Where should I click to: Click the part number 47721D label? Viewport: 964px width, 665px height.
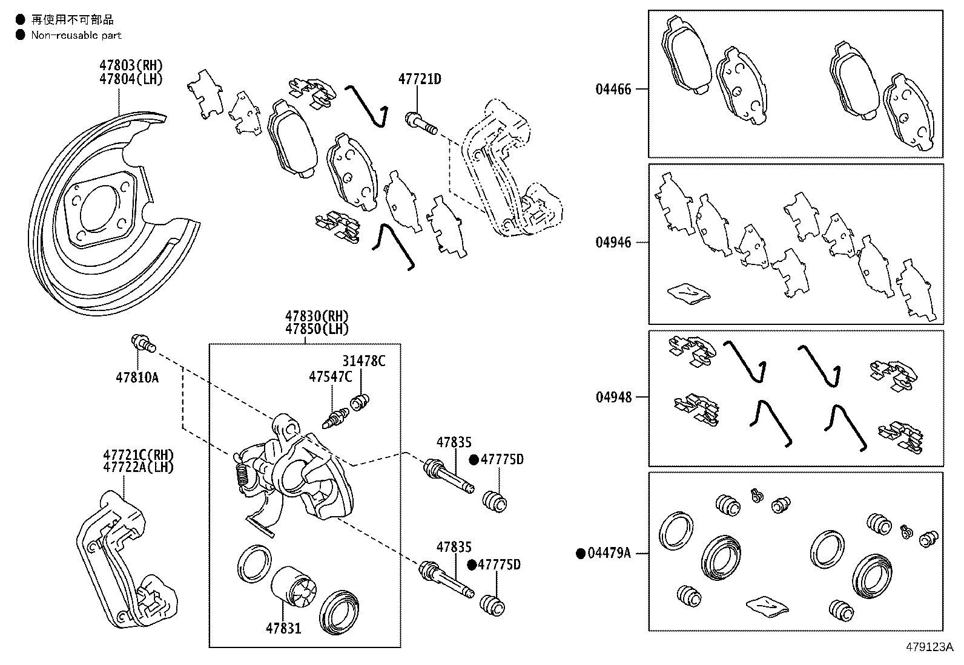click(420, 79)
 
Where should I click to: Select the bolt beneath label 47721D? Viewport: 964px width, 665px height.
click(421, 123)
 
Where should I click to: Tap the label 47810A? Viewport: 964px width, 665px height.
click(137, 378)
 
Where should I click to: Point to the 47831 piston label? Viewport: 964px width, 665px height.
click(283, 629)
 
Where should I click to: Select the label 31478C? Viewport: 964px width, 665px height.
click(363, 361)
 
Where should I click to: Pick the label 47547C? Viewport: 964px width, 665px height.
click(330, 376)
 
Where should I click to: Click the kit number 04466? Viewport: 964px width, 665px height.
click(613, 90)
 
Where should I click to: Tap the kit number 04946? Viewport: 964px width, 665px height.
click(613, 243)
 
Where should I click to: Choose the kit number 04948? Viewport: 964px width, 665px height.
click(613, 398)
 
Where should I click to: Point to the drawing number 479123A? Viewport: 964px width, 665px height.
click(929, 647)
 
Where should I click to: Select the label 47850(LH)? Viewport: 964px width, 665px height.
click(317, 329)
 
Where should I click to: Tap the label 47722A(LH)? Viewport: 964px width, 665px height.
click(138, 467)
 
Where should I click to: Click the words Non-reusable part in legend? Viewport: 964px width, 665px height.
click(76, 35)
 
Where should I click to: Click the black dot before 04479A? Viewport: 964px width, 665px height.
click(580, 553)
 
